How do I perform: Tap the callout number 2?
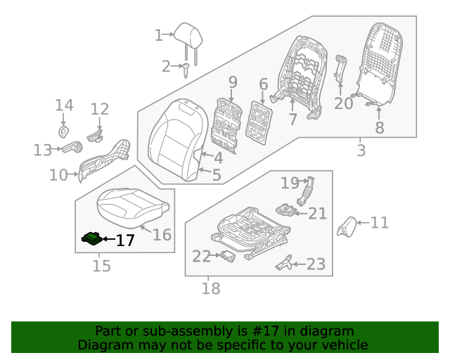pyautogui.click(x=166, y=67)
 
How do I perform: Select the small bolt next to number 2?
pyautogui.click(x=187, y=70)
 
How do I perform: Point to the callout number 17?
pyautogui.click(x=124, y=240)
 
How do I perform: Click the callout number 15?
pyautogui.click(x=102, y=266)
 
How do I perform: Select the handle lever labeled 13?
pyautogui.click(x=71, y=148)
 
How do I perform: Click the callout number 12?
pyautogui.click(x=100, y=109)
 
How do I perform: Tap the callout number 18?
pyautogui.click(x=210, y=288)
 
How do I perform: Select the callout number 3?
pyautogui.click(x=361, y=150)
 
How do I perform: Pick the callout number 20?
pyautogui.click(x=343, y=103)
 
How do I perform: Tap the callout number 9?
pyautogui.click(x=233, y=82)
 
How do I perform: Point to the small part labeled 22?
pyautogui.click(x=227, y=257)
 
